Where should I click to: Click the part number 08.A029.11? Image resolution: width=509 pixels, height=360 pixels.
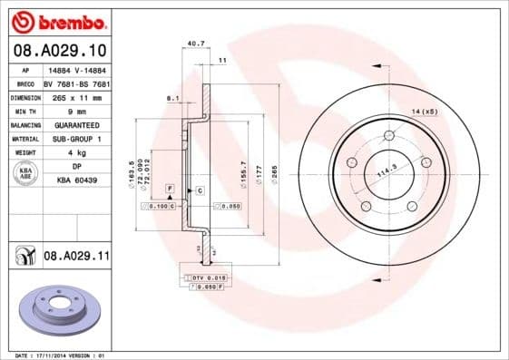pos(76,258)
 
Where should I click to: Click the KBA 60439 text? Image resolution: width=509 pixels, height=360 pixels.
pos(76,181)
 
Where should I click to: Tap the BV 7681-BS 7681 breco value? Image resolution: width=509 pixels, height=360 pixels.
pos(76,82)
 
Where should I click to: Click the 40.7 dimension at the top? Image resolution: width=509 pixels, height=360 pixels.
pos(193,42)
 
